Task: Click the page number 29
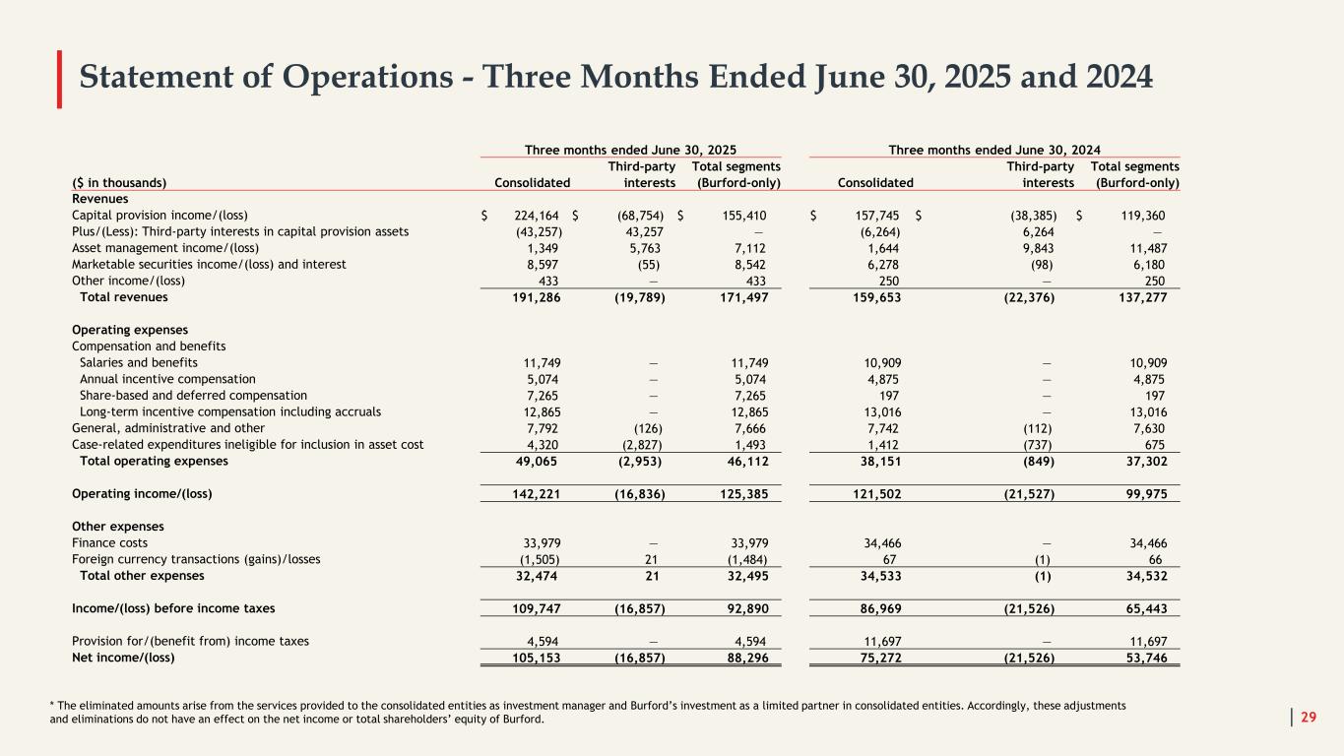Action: click(1309, 716)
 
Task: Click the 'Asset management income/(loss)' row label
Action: click(155, 248)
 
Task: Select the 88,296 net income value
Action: click(740, 658)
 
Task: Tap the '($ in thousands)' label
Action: click(119, 182)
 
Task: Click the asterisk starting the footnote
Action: click(52, 706)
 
